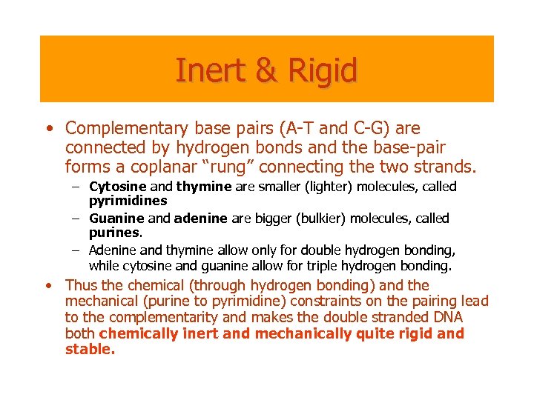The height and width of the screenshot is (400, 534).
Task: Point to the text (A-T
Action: coord(300,130)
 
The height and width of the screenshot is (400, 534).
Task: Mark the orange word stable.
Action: coord(90,350)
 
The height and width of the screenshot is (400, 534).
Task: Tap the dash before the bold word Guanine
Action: coord(76,219)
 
